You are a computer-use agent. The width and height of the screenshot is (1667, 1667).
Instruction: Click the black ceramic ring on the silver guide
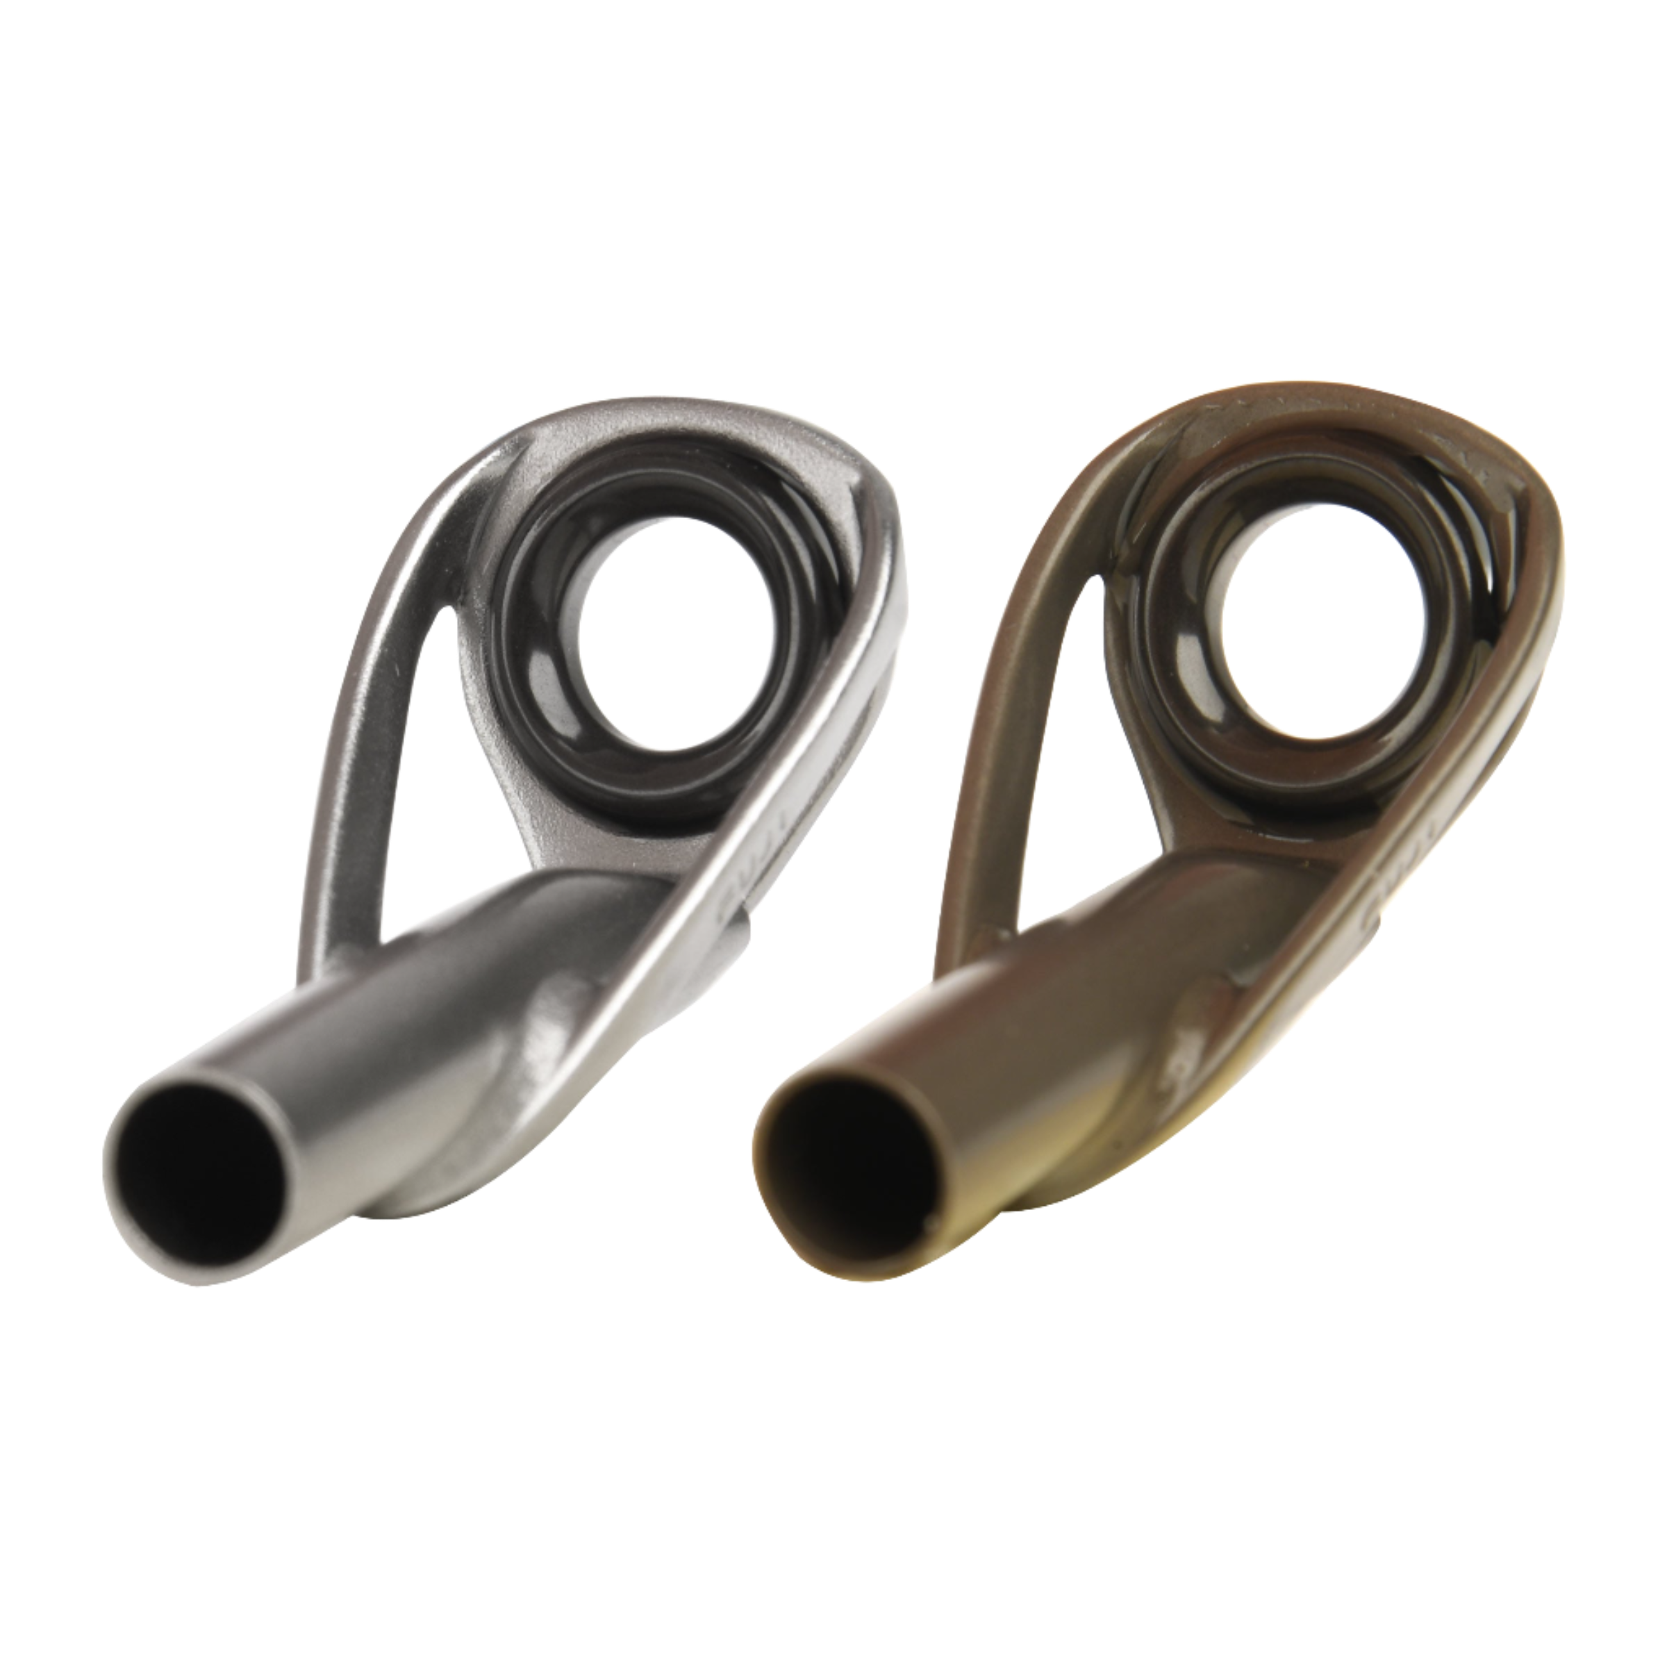552,604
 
